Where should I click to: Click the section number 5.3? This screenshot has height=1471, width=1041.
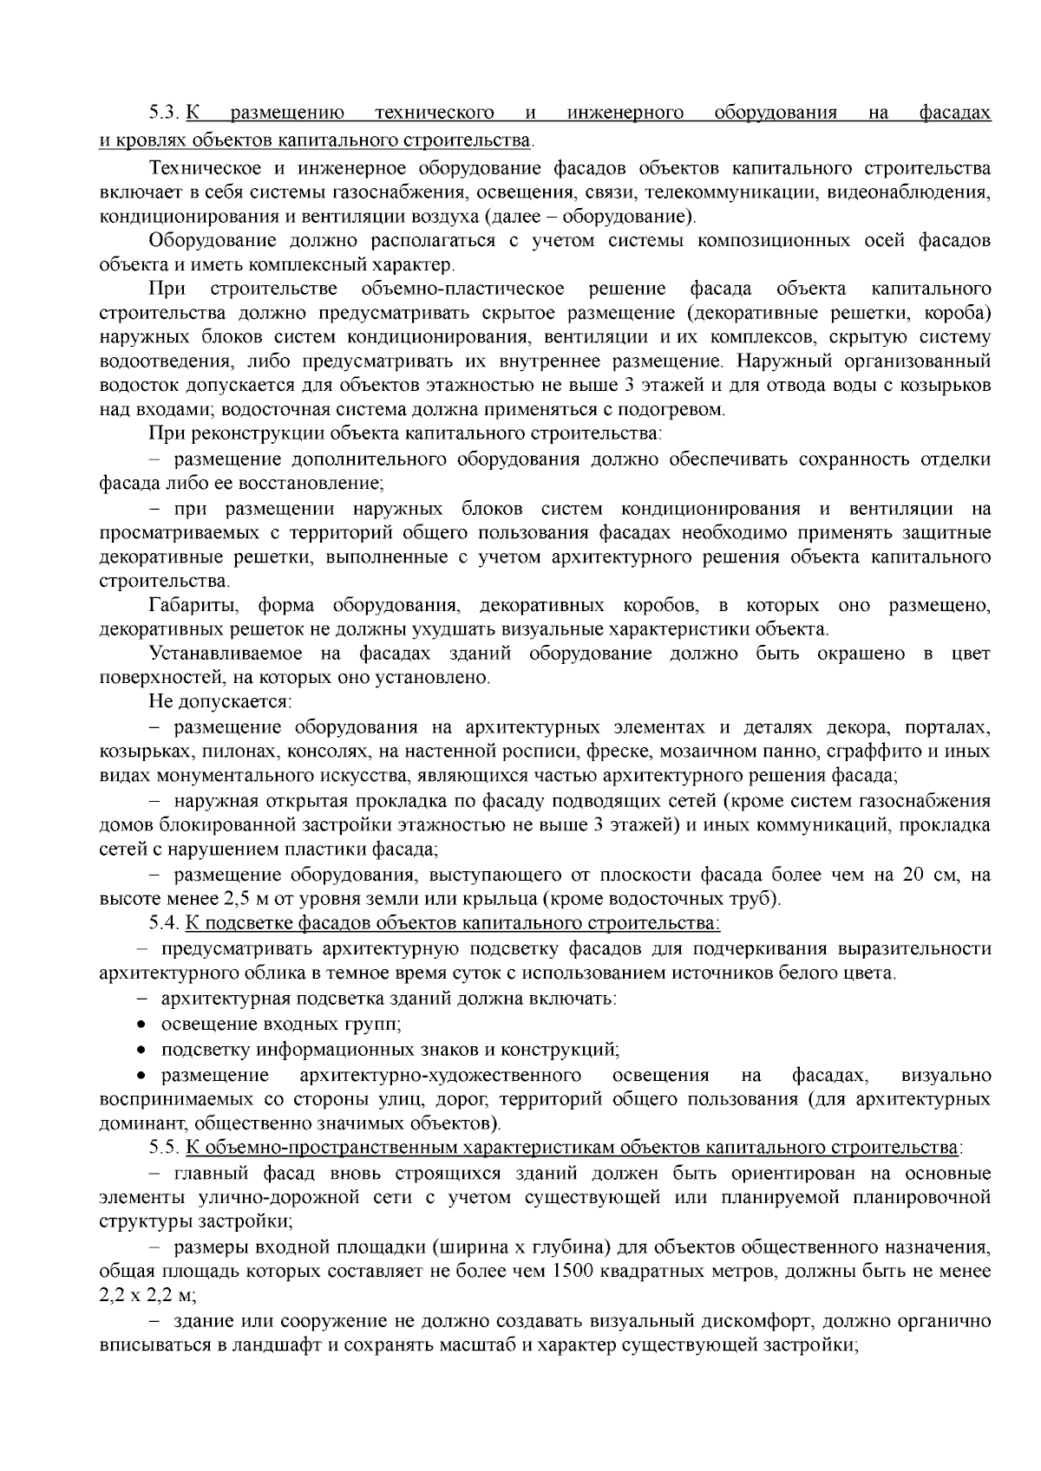(163, 113)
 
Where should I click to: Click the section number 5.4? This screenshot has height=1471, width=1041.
(163, 922)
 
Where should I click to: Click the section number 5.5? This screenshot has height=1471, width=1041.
(163, 1149)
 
